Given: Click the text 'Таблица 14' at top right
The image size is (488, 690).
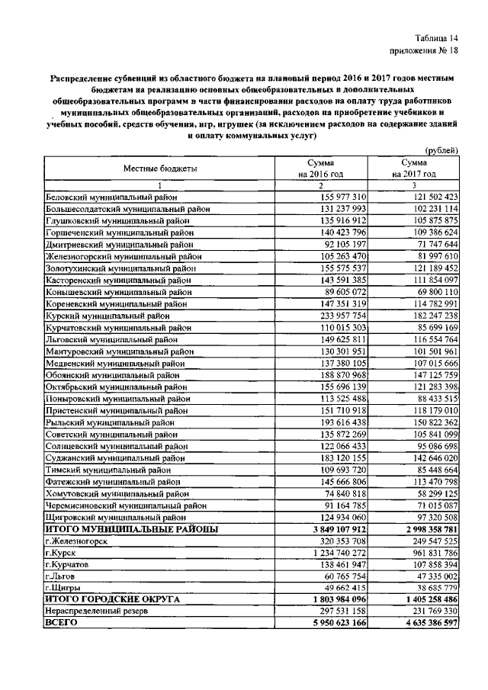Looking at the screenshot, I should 437,38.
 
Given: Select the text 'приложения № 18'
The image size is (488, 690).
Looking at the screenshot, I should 423,52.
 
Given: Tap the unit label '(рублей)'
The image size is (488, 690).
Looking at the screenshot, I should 441,151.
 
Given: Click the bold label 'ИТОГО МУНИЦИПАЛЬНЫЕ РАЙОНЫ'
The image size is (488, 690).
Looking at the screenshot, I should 131,528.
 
